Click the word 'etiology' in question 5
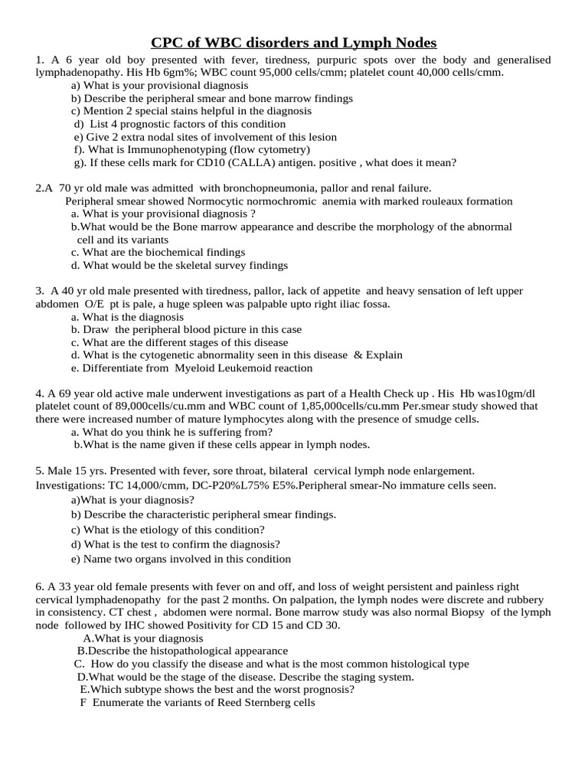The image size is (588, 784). (155, 530)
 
